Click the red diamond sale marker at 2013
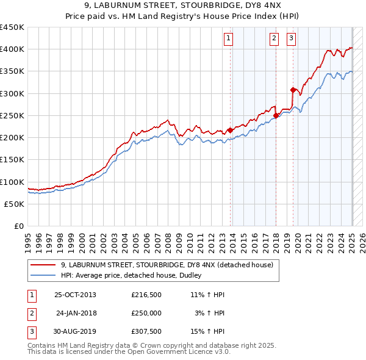point(230,130)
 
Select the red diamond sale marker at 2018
point(276,115)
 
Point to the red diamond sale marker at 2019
point(293,90)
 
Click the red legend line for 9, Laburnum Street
point(43,265)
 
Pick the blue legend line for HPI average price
point(43,275)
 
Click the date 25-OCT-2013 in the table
point(75,295)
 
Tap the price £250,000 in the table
point(146,313)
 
